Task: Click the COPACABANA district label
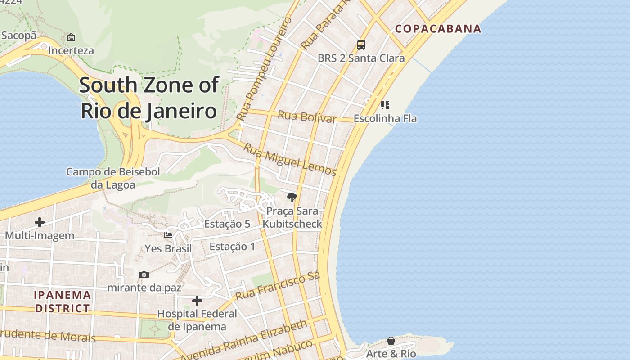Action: click(438, 29)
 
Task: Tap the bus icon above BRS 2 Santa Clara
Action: click(361, 45)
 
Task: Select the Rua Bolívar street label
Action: click(307, 116)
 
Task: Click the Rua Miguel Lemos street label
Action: click(290, 159)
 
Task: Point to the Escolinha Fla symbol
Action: click(385, 105)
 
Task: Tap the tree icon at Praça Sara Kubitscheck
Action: click(292, 197)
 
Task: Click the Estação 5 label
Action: click(227, 224)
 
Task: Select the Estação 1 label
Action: click(232, 246)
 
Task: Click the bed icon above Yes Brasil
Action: click(168, 235)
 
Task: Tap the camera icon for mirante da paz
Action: click(144, 274)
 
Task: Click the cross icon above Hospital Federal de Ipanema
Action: click(197, 301)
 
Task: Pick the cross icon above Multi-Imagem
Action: click(40, 222)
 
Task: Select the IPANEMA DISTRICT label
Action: click(63, 301)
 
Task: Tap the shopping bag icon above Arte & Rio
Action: click(391, 341)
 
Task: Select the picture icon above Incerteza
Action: click(71, 37)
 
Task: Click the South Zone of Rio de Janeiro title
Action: click(149, 98)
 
